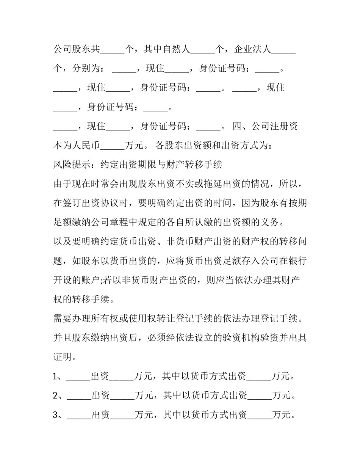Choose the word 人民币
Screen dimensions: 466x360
pyautogui.click(x=86, y=146)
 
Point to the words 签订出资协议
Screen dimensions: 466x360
pyautogui.click(x=90, y=203)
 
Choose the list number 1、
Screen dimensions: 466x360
pyautogui.click(x=59, y=377)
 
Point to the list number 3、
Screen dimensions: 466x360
pyautogui.click(x=59, y=415)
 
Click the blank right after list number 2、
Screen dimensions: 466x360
pyautogui.click(x=79, y=398)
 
